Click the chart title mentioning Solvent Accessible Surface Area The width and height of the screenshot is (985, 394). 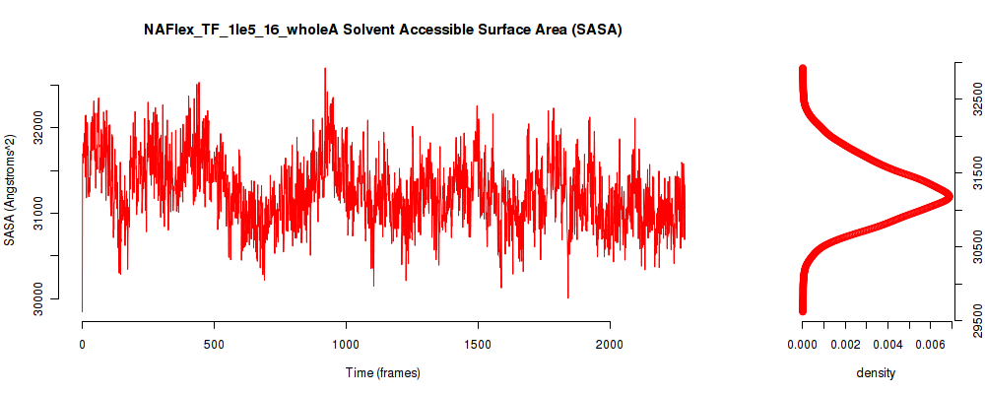pos(382,31)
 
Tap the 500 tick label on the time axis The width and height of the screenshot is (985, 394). pos(214,344)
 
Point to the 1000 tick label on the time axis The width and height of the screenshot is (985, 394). pos(346,344)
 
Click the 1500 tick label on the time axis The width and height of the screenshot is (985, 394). pos(478,344)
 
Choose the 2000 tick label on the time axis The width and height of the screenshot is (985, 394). pos(610,344)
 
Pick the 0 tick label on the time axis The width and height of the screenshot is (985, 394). pos(83,344)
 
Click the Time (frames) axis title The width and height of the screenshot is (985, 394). pos(382,372)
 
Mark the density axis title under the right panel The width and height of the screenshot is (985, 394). pos(876,373)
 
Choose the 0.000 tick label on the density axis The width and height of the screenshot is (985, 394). pos(802,344)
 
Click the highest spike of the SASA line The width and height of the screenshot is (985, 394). pos(325,69)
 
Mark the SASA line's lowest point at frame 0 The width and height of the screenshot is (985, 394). pos(83,311)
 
